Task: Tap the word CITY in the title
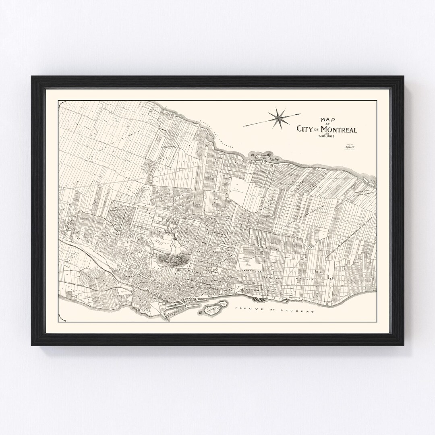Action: [304, 129]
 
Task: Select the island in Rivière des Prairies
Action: [264, 155]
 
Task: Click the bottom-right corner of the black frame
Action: [403, 345]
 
